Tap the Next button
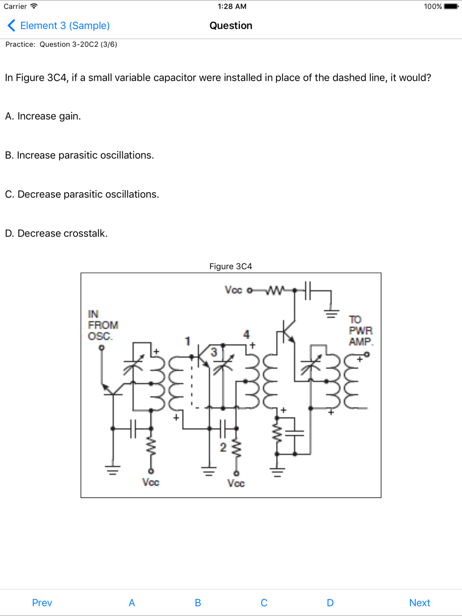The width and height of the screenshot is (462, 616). (x=419, y=603)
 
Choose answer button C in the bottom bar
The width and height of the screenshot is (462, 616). (x=264, y=603)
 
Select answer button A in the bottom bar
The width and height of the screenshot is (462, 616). (x=132, y=603)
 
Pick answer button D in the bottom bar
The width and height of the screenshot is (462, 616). (x=330, y=603)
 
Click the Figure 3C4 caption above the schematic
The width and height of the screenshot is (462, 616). (x=231, y=266)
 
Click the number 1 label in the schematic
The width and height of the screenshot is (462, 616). (x=187, y=341)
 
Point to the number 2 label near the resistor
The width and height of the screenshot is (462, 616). (x=223, y=448)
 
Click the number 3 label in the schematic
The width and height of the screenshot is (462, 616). (x=214, y=352)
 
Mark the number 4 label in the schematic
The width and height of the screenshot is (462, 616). (x=246, y=334)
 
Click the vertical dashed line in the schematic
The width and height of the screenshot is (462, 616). (x=192, y=384)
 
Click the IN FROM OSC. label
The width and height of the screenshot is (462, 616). (x=103, y=325)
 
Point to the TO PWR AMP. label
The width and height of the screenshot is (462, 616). (x=360, y=331)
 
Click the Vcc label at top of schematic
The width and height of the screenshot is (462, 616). (x=233, y=290)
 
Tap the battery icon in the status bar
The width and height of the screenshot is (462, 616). (x=451, y=6)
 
